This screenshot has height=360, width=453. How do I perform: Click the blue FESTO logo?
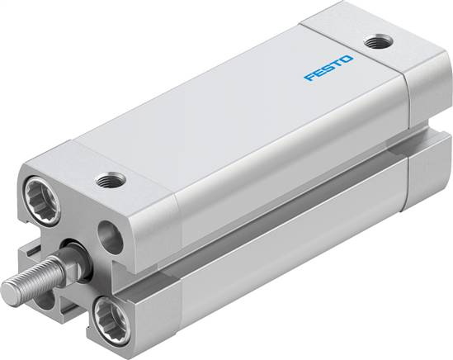(328, 69)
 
